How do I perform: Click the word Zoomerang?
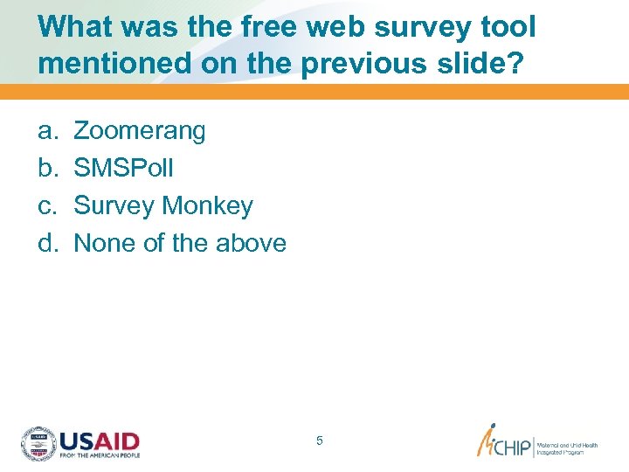coord(140,132)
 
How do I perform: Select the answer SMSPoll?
coord(123,169)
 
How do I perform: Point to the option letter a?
coord(45,132)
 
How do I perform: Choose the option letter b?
coord(45,169)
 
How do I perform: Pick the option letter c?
coord(45,206)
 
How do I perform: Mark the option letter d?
coord(45,243)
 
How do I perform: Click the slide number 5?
coord(320,441)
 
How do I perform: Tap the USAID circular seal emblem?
coord(38,443)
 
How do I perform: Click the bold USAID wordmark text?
coord(100,440)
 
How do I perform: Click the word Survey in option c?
coord(112,206)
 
